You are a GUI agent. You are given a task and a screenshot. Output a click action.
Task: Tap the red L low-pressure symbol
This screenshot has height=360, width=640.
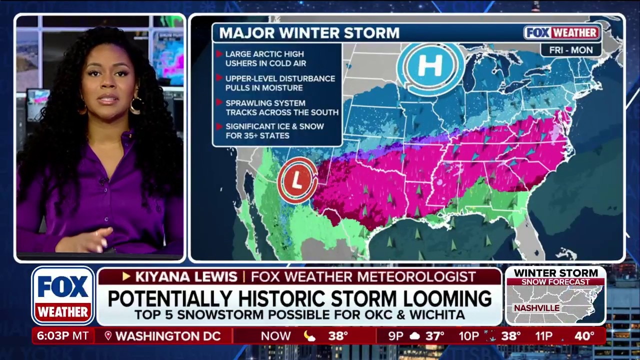[297, 180]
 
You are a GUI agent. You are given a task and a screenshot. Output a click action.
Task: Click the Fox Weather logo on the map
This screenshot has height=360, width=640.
[562, 33]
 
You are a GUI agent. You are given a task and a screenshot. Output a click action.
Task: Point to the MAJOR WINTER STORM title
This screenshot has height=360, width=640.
[309, 33]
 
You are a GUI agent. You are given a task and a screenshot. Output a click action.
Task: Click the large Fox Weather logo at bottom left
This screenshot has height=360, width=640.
[63, 296]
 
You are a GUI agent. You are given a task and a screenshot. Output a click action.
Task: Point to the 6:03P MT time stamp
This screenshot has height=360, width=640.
[63, 336]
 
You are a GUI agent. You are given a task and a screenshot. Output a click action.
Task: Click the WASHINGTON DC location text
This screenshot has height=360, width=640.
[168, 336]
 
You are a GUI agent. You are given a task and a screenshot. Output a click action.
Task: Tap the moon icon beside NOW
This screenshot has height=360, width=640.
[310, 336]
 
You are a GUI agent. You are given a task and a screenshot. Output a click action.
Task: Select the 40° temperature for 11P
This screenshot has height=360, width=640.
[584, 336]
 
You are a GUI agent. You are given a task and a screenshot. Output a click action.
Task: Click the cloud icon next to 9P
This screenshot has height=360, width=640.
[414, 336]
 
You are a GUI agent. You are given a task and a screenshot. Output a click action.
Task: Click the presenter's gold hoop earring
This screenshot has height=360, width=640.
[135, 105]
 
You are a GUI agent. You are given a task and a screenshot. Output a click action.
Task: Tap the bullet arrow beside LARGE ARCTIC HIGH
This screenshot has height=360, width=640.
[218, 54]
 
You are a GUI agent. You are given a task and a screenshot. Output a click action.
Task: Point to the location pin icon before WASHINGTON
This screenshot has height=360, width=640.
[108, 336]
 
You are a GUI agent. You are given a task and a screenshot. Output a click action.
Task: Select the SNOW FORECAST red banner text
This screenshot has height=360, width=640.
[555, 282]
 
